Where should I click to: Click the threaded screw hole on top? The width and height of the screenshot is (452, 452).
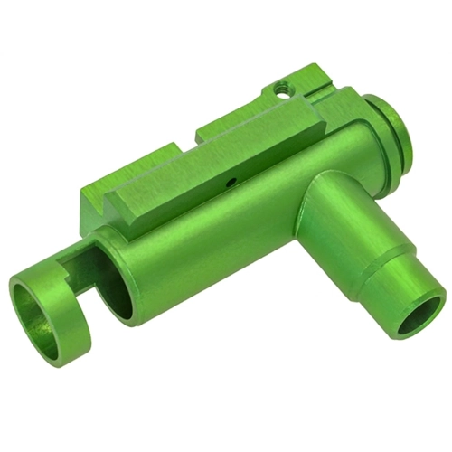284,89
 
